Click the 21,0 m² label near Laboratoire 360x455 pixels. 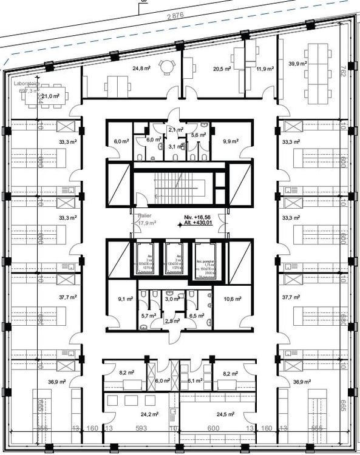pos(49,96)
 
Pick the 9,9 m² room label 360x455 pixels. pos(231,141)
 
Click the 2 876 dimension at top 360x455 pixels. pos(175,16)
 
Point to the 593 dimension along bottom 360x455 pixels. pos(141,428)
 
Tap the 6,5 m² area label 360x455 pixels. pos(195,315)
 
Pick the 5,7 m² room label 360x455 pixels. pos(148,315)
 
